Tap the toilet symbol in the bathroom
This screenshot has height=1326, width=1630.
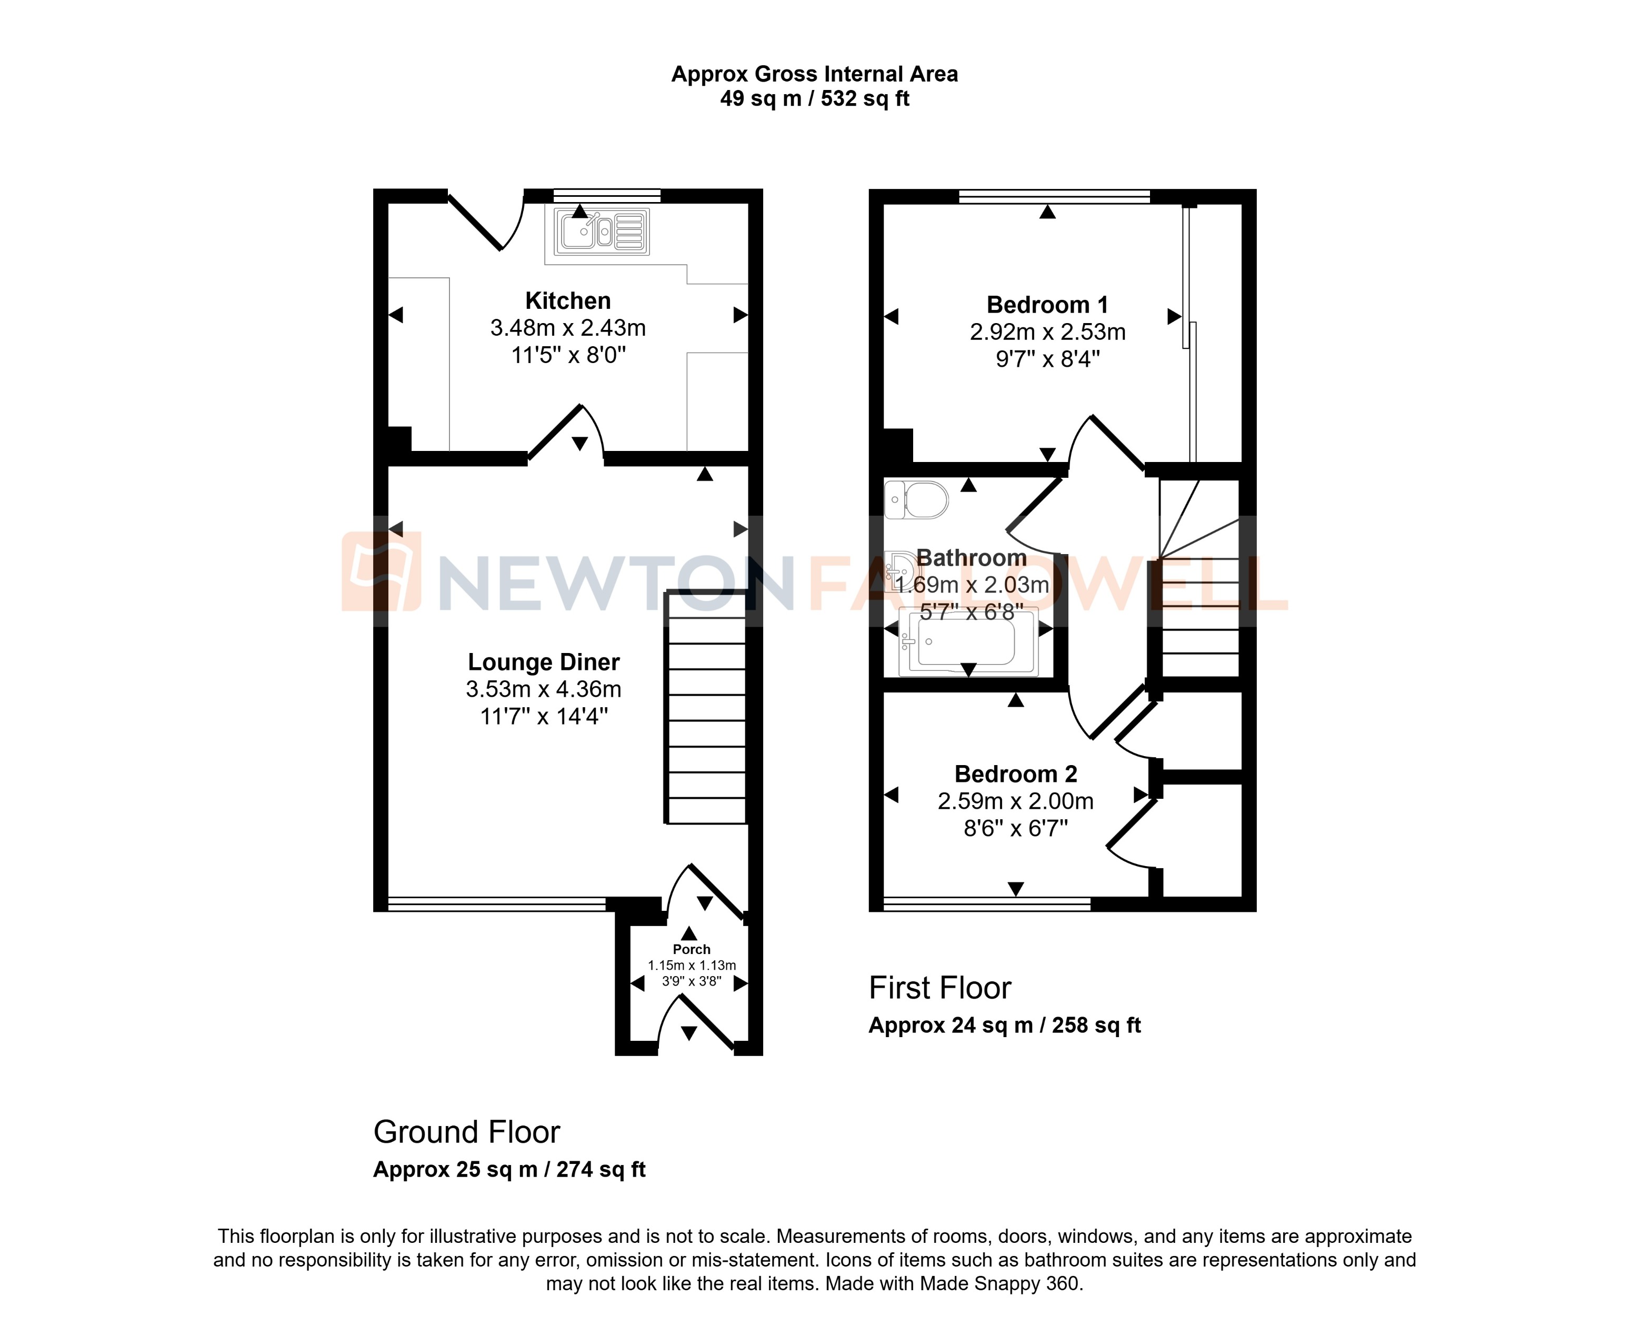(917, 501)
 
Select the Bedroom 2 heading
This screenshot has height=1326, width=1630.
(1015, 773)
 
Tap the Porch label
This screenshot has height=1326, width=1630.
(691, 949)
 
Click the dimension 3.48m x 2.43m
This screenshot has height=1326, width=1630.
(567, 328)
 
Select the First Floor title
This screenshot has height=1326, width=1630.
(939, 988)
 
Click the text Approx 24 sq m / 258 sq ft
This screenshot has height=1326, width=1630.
(1004, 1025)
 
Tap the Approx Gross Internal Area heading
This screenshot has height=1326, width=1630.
(814, 74)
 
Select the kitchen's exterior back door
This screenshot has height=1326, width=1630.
(477, 222)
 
